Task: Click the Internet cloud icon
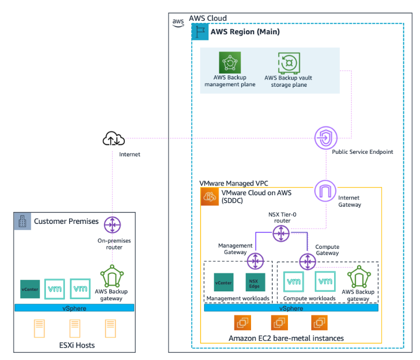[113, 139]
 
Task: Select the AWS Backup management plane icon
[230, 63]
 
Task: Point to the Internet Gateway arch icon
[326, 191]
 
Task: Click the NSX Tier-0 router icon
[281, 234]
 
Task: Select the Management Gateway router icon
[255, 260]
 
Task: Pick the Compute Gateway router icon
[307, 260]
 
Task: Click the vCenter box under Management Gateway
[224, 283]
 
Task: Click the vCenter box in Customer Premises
[30, 288]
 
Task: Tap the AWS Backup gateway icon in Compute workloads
[358, 277]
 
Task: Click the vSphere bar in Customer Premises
[74, 308]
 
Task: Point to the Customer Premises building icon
[22, 221]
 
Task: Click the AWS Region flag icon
[200, 32]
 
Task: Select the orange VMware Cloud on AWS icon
[209, 196]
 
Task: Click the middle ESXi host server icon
[74, 329]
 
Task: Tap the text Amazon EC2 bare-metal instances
[286, 339]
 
